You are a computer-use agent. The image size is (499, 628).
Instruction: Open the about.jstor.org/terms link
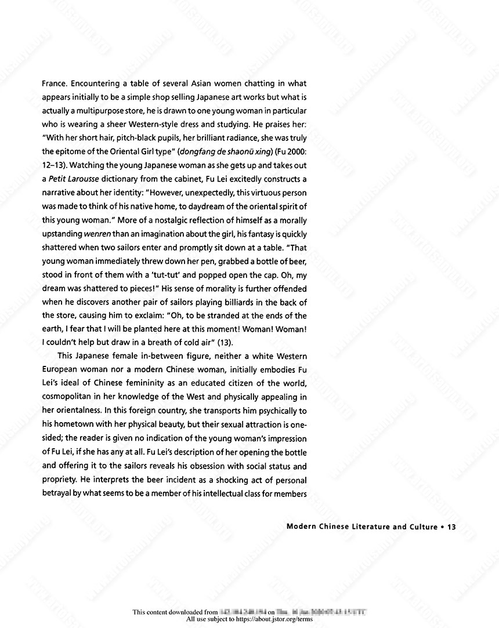[x=274, y=619]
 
